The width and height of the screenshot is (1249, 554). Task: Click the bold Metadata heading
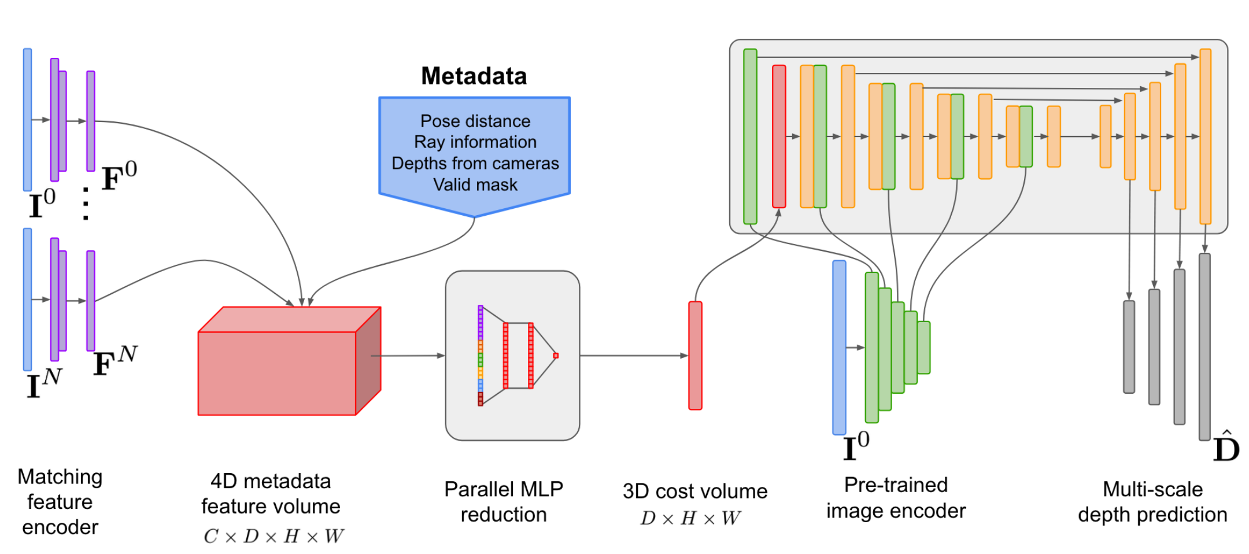coord(474,76)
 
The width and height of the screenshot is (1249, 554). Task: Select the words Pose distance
coord(475,121)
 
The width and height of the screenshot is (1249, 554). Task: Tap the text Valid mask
coord(475,184)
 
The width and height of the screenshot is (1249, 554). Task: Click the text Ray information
coord(475,142)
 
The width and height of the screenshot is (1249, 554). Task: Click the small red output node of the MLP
coord(556,356)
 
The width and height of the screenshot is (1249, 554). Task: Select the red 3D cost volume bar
coord(695,355)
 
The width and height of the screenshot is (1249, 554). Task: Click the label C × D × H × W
coord(273,536)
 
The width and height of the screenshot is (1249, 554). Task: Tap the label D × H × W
coord(690,518)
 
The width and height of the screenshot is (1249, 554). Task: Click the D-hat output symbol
coord(1226,448)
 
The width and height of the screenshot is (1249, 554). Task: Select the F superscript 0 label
coord(119,176)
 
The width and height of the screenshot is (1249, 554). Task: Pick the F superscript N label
coord(114,361)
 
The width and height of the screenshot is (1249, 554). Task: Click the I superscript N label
coord(43,383)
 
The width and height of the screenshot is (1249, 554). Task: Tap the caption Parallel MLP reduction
coord(503,501)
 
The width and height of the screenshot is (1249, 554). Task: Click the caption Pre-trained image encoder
coord(895,497)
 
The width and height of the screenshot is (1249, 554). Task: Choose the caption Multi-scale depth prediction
coord(1152,501)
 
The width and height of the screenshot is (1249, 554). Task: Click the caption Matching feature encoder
coord(60,501)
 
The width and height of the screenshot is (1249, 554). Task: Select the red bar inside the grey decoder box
coord(779,136)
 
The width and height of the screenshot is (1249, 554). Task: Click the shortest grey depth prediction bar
coord(1129,346)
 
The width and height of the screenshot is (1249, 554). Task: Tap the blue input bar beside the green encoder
coord(839,347)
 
